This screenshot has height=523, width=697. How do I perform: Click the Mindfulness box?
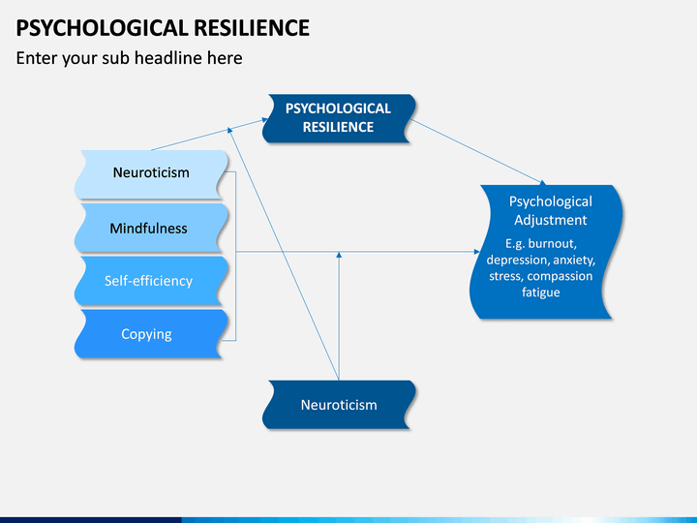(x=151, y=228)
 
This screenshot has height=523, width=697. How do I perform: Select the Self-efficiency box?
(x=151, y=281)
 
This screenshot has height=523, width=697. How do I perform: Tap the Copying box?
(x=151, y=334)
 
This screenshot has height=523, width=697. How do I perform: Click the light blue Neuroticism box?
(x=151, y=174)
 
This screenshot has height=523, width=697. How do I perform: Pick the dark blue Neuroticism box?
(x=339, y=405)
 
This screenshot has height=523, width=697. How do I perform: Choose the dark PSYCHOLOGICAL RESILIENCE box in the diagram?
(x=339, y=118)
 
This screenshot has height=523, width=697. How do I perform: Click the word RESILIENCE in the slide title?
(x=252, y=28)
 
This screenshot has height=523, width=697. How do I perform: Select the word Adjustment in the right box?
(x=550, y=220)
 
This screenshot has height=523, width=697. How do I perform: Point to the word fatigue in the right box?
(x=540, y=292)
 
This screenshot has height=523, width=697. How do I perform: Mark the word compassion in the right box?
(x=560, y=277)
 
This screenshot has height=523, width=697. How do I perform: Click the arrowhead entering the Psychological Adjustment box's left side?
(x=477, y=252)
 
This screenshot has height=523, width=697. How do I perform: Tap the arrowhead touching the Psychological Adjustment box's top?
(x=543, y=182)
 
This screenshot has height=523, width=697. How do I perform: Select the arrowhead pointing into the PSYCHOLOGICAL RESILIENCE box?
(x=264, y=119)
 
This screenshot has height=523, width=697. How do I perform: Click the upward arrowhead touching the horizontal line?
(x=339, y=255)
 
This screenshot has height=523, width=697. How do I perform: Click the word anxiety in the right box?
(x=574, y=261)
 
